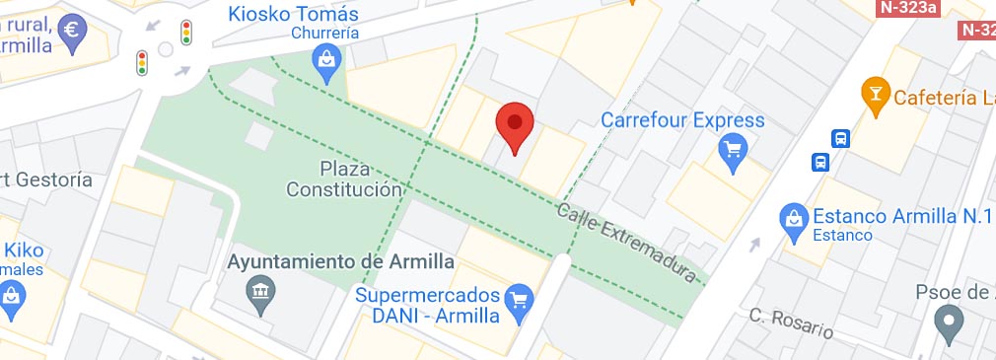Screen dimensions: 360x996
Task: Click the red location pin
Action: [514, 125]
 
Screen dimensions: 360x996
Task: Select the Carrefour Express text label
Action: [682, 120]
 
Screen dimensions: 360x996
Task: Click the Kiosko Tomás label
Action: [293, 14]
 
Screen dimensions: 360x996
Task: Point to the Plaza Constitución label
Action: [344, 178]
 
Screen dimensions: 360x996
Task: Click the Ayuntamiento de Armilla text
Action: [340, 261]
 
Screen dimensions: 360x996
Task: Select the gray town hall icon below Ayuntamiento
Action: [260, 293]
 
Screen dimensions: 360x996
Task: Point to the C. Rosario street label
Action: [790, 324]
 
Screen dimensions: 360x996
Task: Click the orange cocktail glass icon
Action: [874, 96]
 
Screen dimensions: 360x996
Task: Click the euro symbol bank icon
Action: [72, 30]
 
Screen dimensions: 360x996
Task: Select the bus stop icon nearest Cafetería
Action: [840, 139]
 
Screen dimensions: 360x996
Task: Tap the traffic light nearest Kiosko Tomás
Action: [186, 32]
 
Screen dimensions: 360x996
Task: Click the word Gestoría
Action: [54, 180]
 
